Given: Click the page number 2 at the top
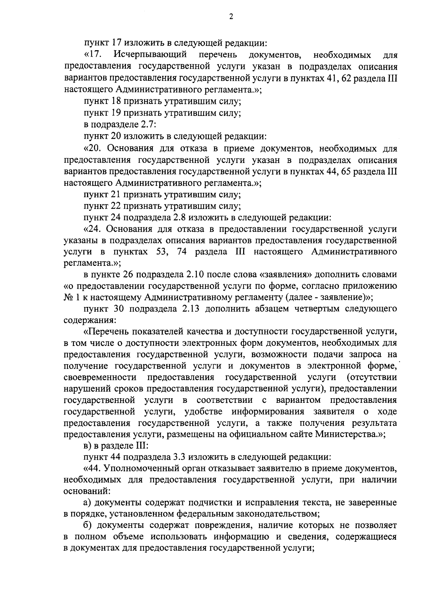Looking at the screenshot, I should point(231,17).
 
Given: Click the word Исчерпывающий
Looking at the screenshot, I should point(155,55).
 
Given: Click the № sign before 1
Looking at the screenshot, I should point(68,297).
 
